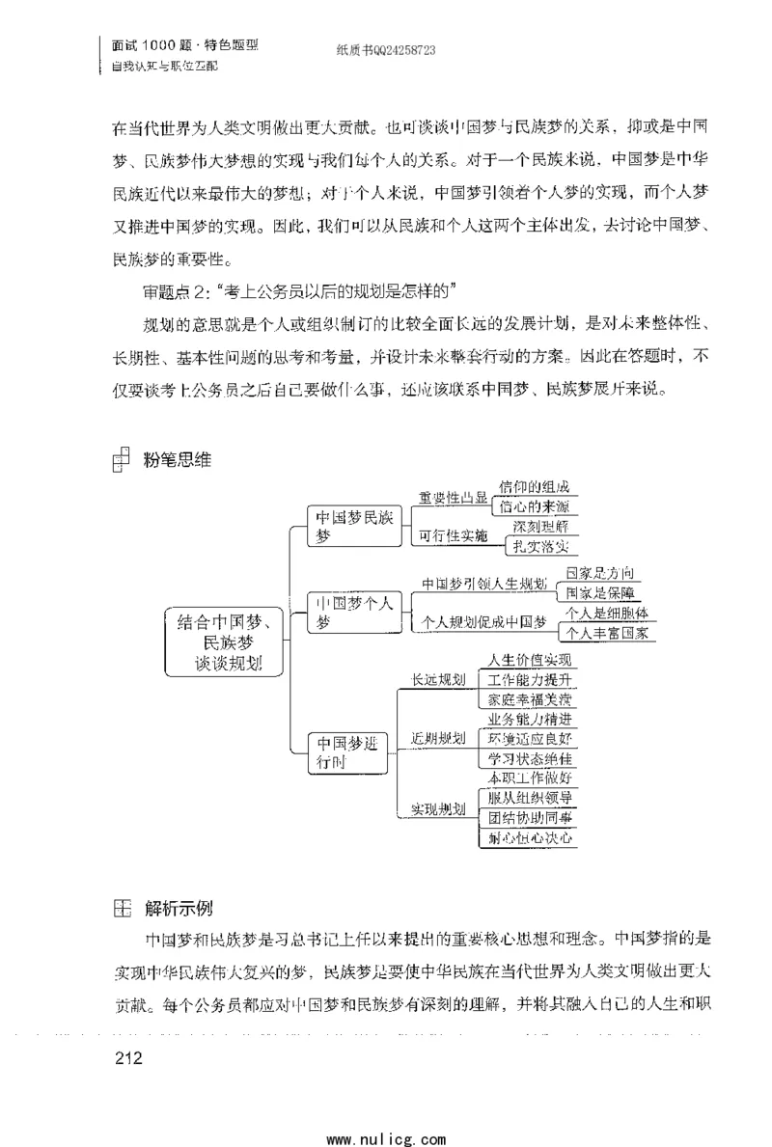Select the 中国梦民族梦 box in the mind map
pos(354,527)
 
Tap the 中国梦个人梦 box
pos(354,613)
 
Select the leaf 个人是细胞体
pos(606,614)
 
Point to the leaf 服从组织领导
pos(530,799)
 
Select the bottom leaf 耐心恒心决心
pos(530,838)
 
